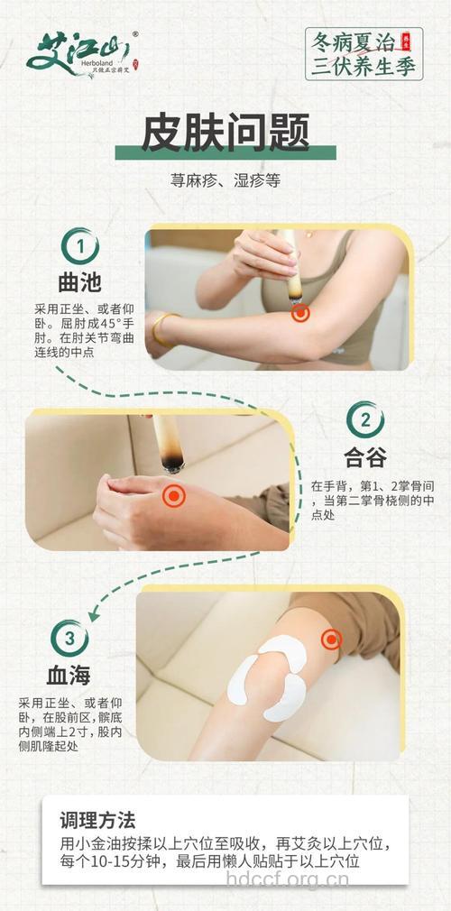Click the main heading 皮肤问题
225,132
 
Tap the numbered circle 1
80,245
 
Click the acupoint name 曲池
79,285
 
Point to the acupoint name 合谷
365,458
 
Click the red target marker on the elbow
300,313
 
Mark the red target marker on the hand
173,495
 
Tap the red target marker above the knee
333,640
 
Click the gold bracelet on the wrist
161,328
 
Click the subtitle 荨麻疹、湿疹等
225,180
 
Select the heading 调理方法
97,821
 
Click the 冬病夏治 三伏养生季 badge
364,53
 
